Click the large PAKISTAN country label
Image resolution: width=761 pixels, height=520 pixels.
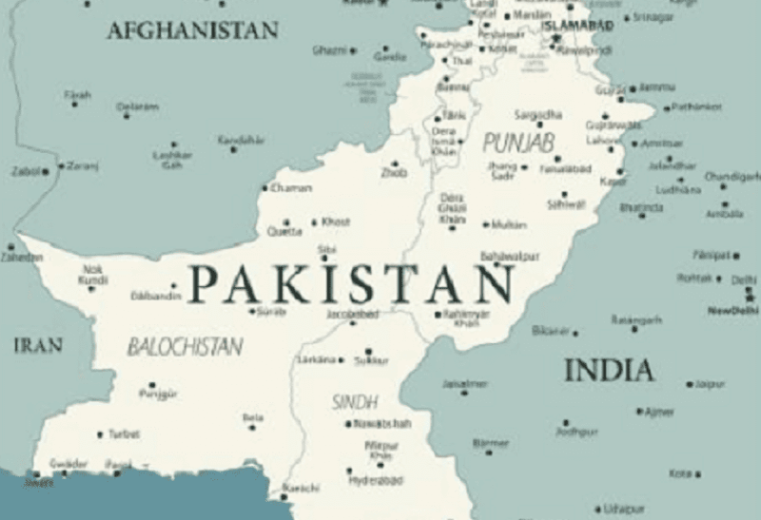352,282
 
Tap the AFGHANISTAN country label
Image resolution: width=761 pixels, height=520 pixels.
193,30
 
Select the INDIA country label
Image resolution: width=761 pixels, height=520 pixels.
609,370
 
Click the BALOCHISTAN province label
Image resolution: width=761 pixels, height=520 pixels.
185,347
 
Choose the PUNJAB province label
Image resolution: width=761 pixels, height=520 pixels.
517,143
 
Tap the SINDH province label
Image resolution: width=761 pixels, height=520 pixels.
355,402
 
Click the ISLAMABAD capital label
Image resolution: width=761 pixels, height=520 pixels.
576,26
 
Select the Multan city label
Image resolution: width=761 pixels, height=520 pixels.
510,224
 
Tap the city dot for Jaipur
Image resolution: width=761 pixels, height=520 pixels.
690,385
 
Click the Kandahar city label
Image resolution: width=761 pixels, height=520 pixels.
241,140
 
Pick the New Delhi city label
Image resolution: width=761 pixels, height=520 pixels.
733,311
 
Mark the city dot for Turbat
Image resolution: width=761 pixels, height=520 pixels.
100,434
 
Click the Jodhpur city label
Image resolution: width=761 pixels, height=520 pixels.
576,432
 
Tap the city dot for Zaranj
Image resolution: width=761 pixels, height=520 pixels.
62,166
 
